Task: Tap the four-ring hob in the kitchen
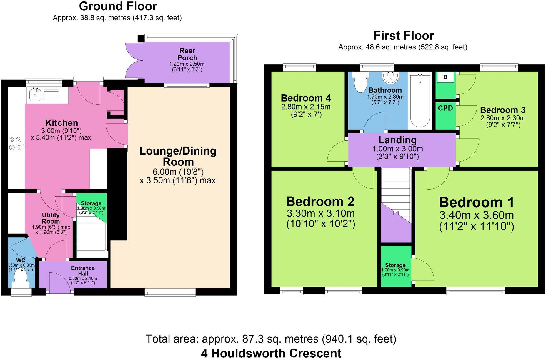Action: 16,143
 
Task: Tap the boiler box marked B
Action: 445,77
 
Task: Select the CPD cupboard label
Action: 445,108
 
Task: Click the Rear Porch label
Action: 187,54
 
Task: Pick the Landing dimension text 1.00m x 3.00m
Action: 397,149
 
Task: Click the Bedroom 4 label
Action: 306,98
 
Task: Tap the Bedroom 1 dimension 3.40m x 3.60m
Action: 476,215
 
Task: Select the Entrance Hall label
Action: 83,271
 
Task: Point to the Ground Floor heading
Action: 118,6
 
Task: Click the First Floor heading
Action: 404,36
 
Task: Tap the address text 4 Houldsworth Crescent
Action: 271,353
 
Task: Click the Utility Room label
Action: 51,218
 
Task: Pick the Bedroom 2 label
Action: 320,202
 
